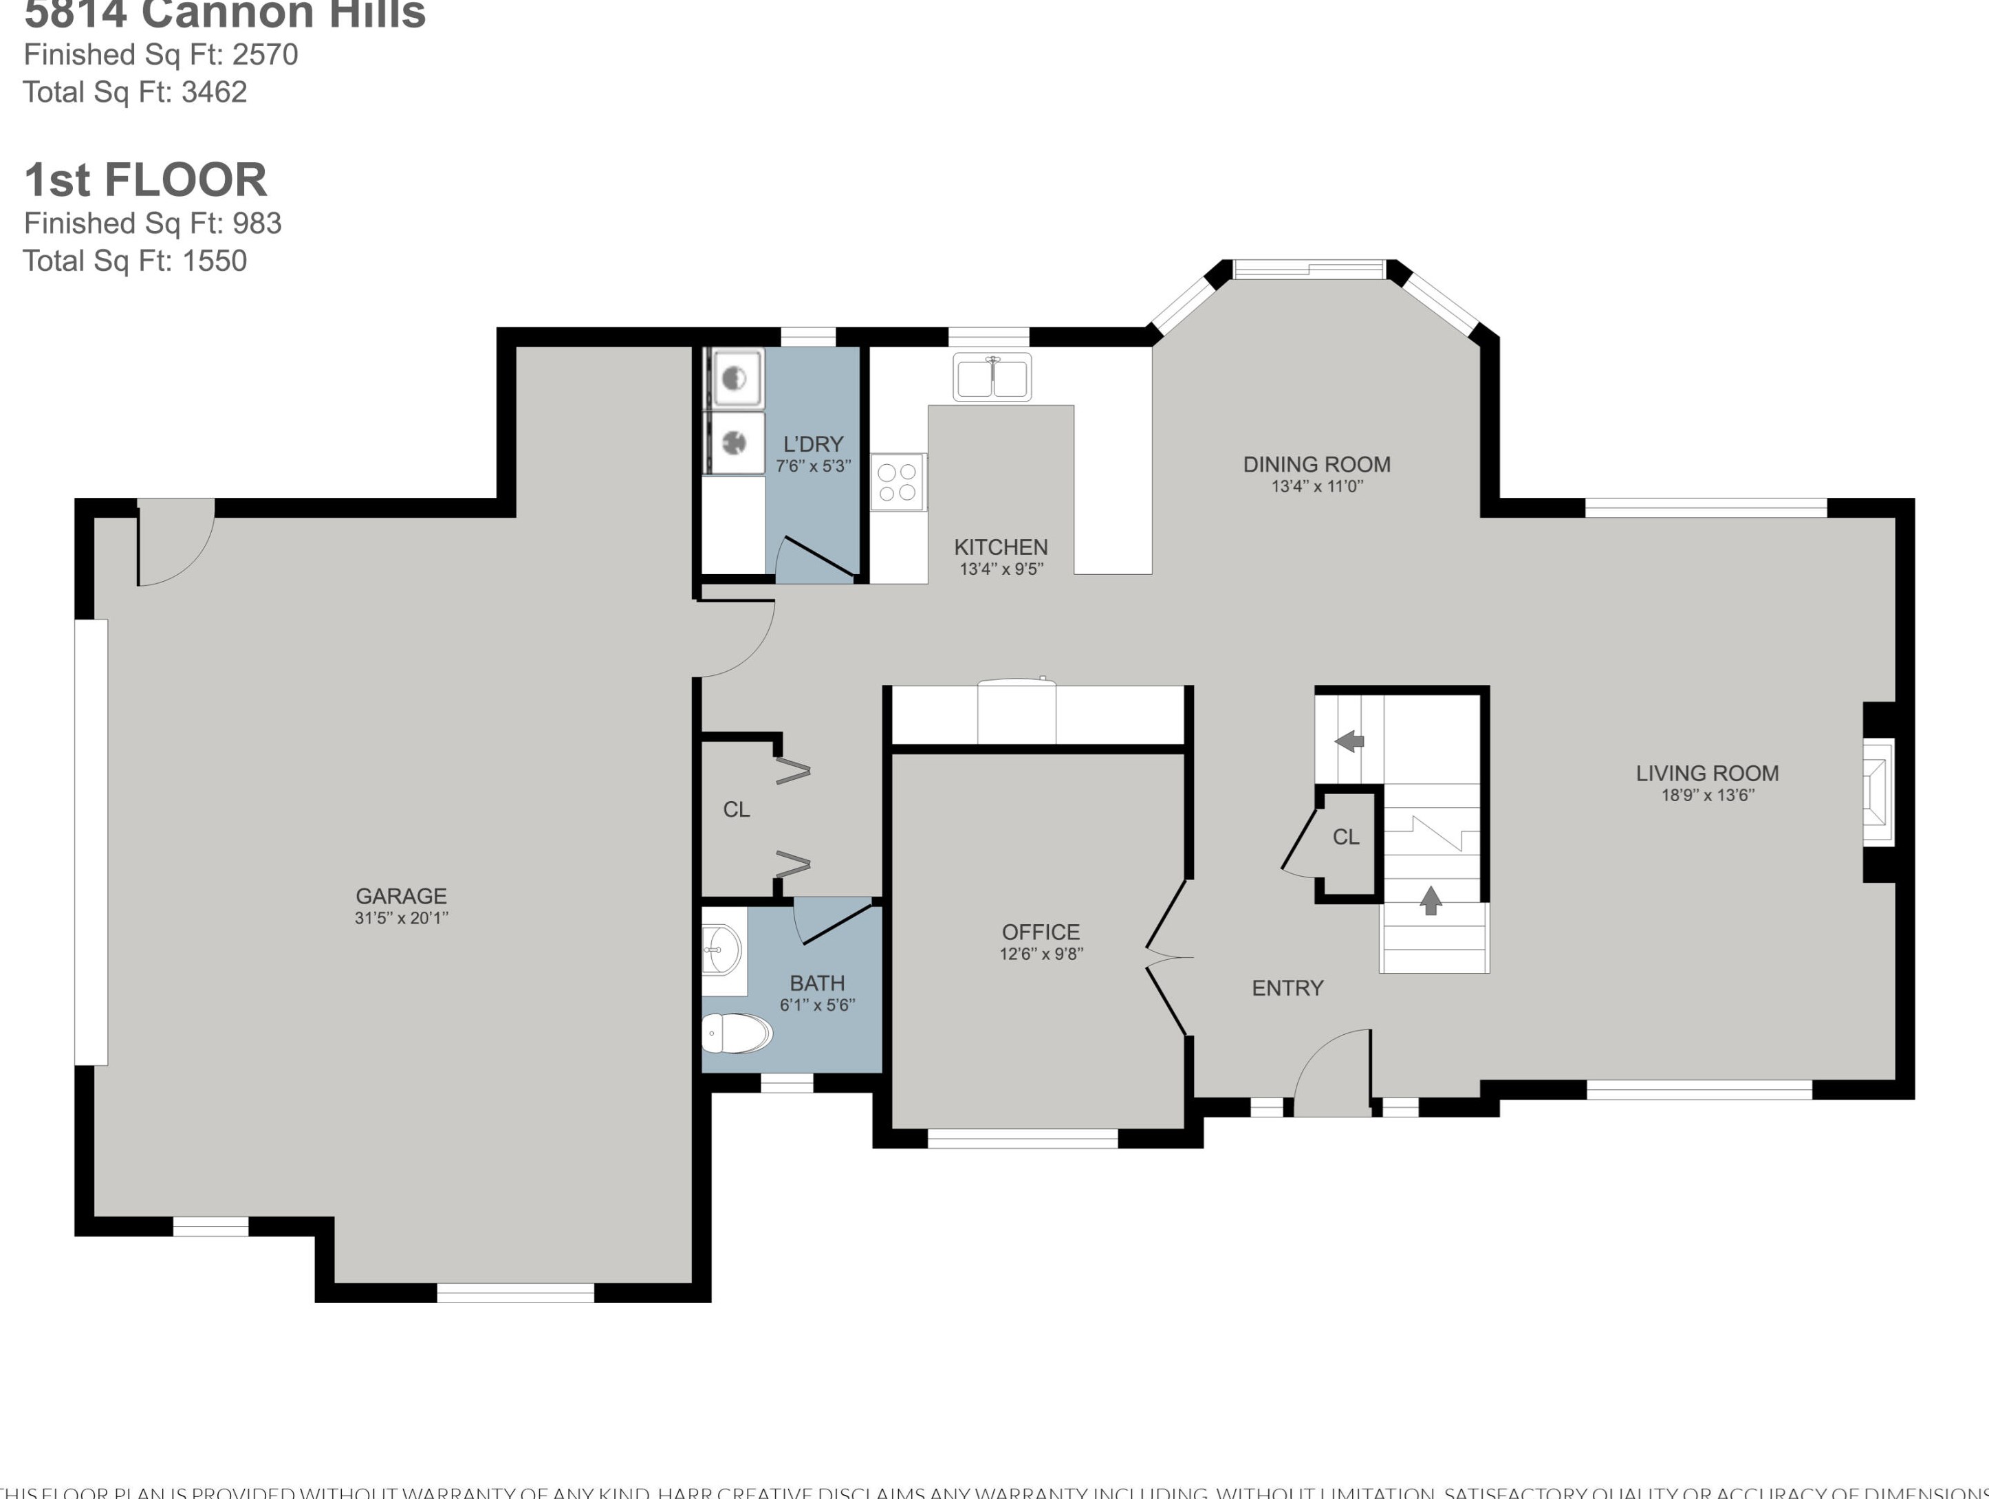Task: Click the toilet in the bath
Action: coord(735,1033)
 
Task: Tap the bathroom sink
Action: coord(723,950)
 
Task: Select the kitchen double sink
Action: coord(992,378)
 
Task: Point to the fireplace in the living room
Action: coord(1878,791)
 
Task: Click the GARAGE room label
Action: coord(401,896)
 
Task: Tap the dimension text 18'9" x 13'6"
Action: coord(1706,795)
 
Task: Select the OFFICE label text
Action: coord(1041,932)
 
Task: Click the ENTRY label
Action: coord(1287,988)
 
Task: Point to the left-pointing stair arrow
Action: coord(1349,741)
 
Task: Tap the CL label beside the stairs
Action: coord(1345,838)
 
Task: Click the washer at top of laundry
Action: coord(735,379)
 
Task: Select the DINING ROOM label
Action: coord(1316,464)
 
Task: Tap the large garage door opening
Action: coord(91,842)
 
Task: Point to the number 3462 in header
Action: coord(214,91)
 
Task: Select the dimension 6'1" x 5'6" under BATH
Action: coord(816,1005)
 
